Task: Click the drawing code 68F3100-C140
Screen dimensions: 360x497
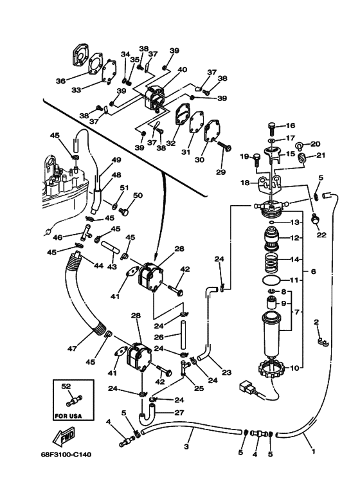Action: pyautogui.click(x=66, y=455)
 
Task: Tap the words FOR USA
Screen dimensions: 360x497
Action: pyautogui.click(x=68, y=415)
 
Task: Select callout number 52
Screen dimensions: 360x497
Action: pyautogui.click(x=66, y=386)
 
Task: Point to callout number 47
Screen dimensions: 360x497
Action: pyautogui.click(x=72, y=348)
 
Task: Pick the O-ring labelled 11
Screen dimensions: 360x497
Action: pyautogui.click(x=271, y=280)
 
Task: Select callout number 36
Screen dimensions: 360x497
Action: pyautogui.click(x=60, y=81)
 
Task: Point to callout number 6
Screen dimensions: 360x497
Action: pyautogui.click(x=314, y=271)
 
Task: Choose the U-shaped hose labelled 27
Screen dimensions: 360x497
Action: pyautogui.click(x=147, y=418)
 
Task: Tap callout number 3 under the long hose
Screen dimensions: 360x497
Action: pyautogui.click(x=186, y=447)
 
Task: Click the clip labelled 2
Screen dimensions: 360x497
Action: pyautogui.click(x=323, y=341)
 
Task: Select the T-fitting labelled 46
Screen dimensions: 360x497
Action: pyautogui.click(x=85, y=233)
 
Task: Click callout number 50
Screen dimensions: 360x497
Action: pyautogui.click(x=138, y=195)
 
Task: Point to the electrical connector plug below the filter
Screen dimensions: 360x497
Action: pyautogui.click(x=248, y=387)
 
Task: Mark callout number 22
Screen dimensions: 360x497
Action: pyautogui.click(x=321, y=235)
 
